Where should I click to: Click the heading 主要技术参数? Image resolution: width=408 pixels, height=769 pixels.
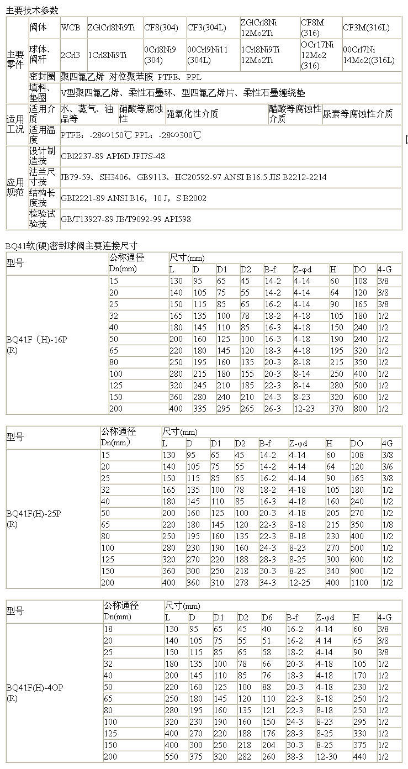coord(31,10)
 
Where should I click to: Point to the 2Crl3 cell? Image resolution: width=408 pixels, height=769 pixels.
coord(70,55)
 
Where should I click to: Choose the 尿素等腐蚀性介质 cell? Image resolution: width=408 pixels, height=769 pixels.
coord(357,114)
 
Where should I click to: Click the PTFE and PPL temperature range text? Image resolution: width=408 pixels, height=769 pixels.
coord(130,135)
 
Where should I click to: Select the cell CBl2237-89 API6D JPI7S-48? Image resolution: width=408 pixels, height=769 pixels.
coord(113,156)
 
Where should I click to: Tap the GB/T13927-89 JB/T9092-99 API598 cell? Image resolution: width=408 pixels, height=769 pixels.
coord(126,219)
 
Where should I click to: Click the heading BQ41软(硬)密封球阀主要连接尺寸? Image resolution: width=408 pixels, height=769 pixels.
coord(71,246)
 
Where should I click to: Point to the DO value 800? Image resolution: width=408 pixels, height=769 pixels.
coord(360,409)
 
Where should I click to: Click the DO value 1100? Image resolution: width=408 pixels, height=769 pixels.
coord(361,582)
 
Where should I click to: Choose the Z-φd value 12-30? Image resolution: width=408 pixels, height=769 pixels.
coord(327,756)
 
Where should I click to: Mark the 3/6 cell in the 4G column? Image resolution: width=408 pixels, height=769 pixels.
coord(388,466)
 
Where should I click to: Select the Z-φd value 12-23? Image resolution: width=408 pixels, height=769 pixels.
coord(304,409)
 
